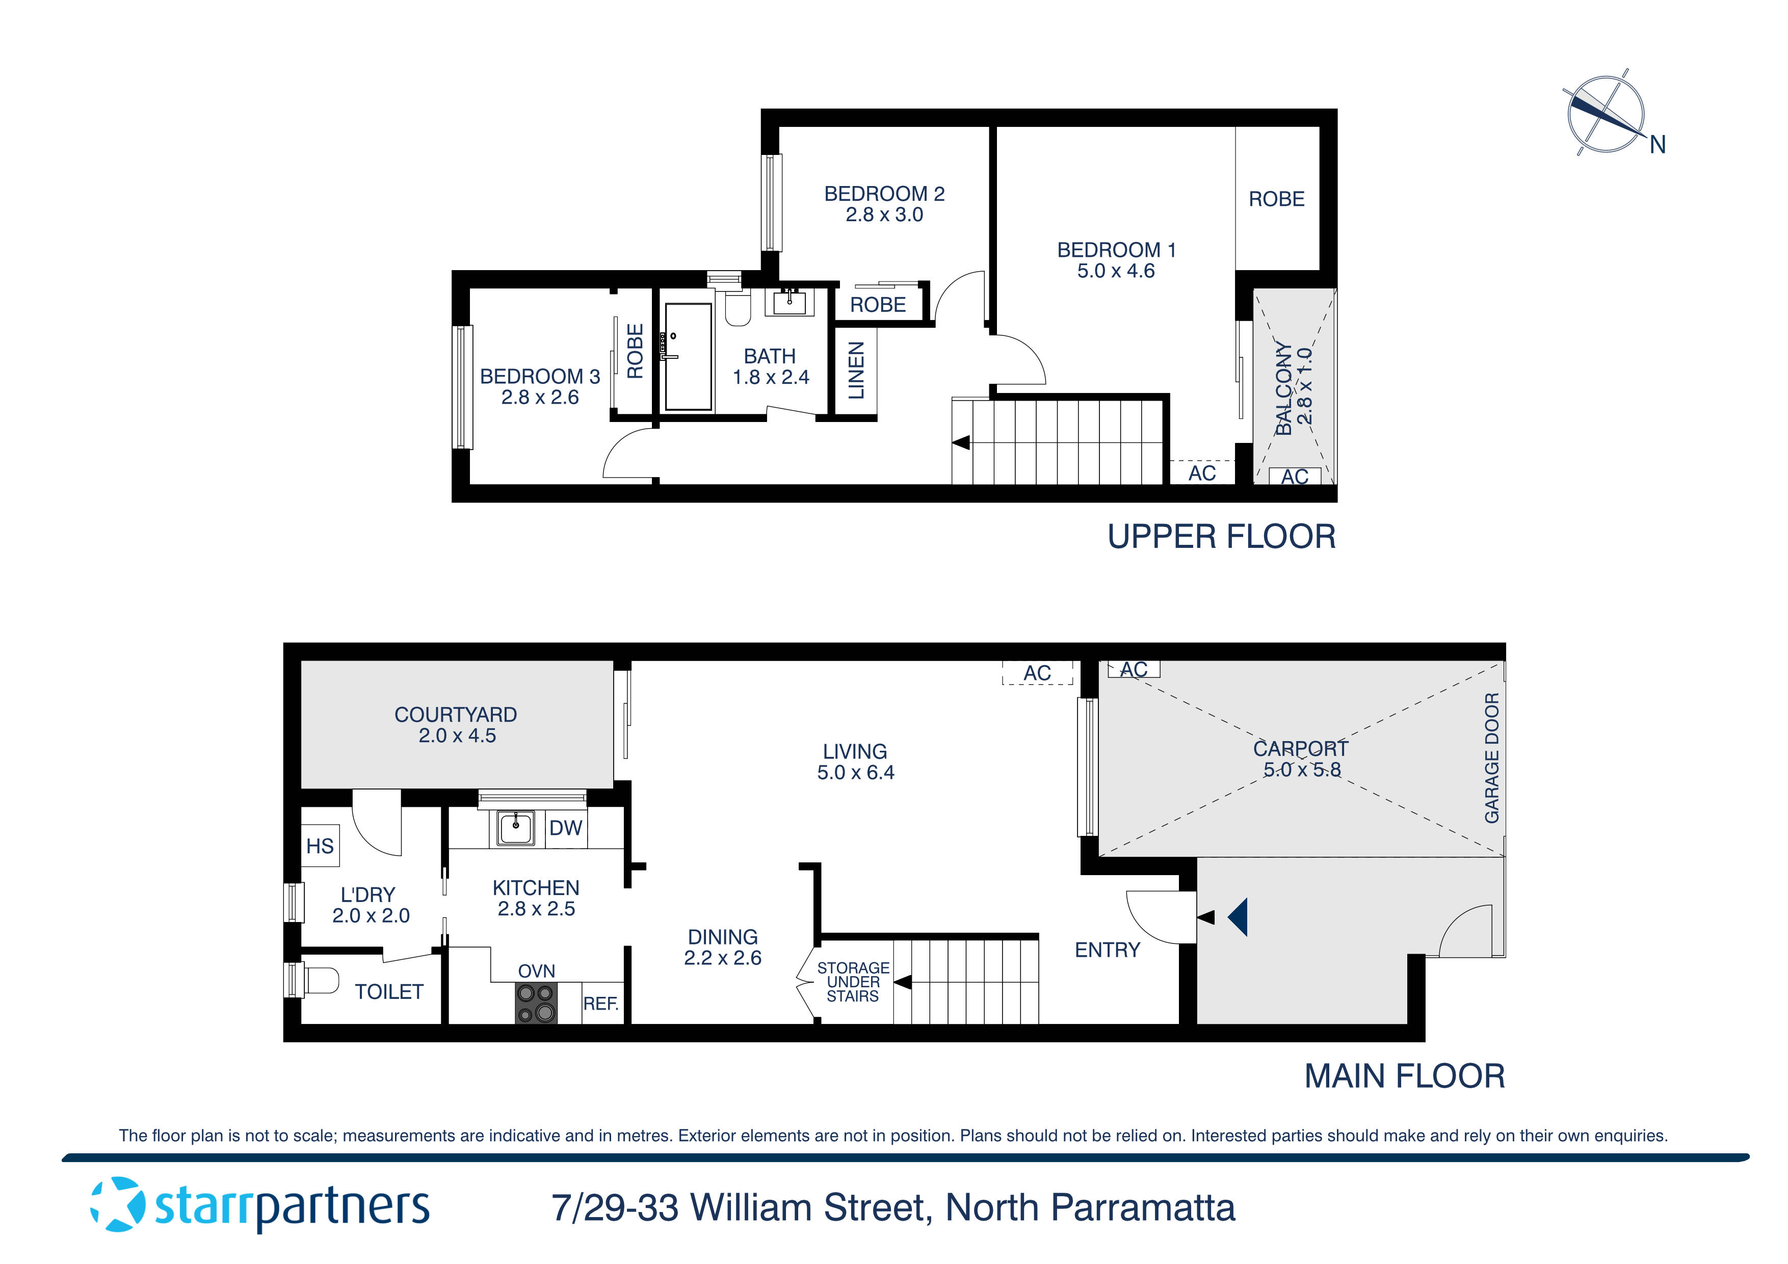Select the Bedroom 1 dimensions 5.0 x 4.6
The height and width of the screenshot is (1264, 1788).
[x=1115, y=271]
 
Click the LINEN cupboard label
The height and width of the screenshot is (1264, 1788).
[x=856, y=370]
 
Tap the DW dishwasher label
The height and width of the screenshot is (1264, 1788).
[x=565, y=828]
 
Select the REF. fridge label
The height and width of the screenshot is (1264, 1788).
[x=600, y=1004]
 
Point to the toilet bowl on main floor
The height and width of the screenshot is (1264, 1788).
[x=321, y=981]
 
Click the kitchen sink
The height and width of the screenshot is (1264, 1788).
[x=515, y=827]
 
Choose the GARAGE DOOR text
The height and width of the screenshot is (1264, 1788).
[x=1491, y=758]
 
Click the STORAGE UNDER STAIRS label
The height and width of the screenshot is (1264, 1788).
[x=853, y=982]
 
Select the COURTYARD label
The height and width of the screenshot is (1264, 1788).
[x=456, y=715]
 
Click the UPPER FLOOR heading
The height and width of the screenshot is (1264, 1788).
[x=1221, y=537]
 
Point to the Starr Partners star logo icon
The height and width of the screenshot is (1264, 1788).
[x=118, y=1205]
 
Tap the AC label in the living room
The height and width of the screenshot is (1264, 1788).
[x=1037, y=673]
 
